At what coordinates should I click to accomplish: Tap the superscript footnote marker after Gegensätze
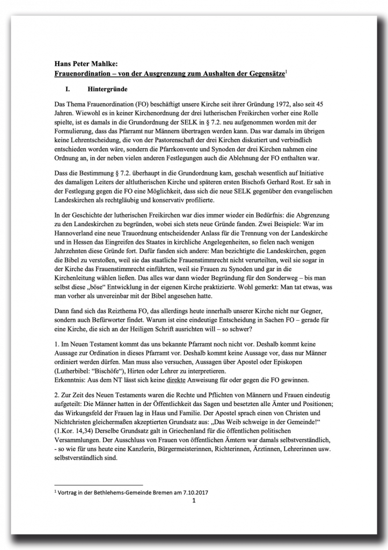[286, 69]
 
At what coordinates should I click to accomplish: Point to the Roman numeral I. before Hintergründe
[68, 86]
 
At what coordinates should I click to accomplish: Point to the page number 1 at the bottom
[194, 501]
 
